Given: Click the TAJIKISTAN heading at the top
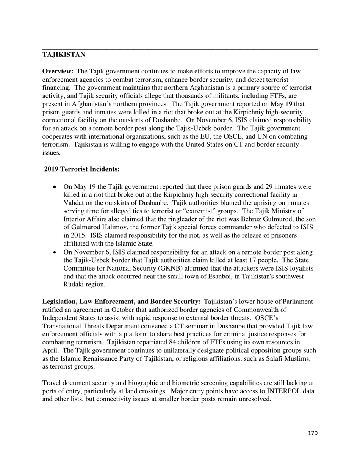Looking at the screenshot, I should coord(64,55).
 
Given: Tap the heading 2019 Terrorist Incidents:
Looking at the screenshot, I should coord(82,169).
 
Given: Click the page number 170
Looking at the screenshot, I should coord(312,433).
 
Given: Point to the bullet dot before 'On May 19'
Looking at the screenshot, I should coord(55,187).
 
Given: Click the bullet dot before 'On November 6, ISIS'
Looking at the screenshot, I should coord(55,252).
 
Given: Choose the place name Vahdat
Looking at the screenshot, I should coord(75,203).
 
